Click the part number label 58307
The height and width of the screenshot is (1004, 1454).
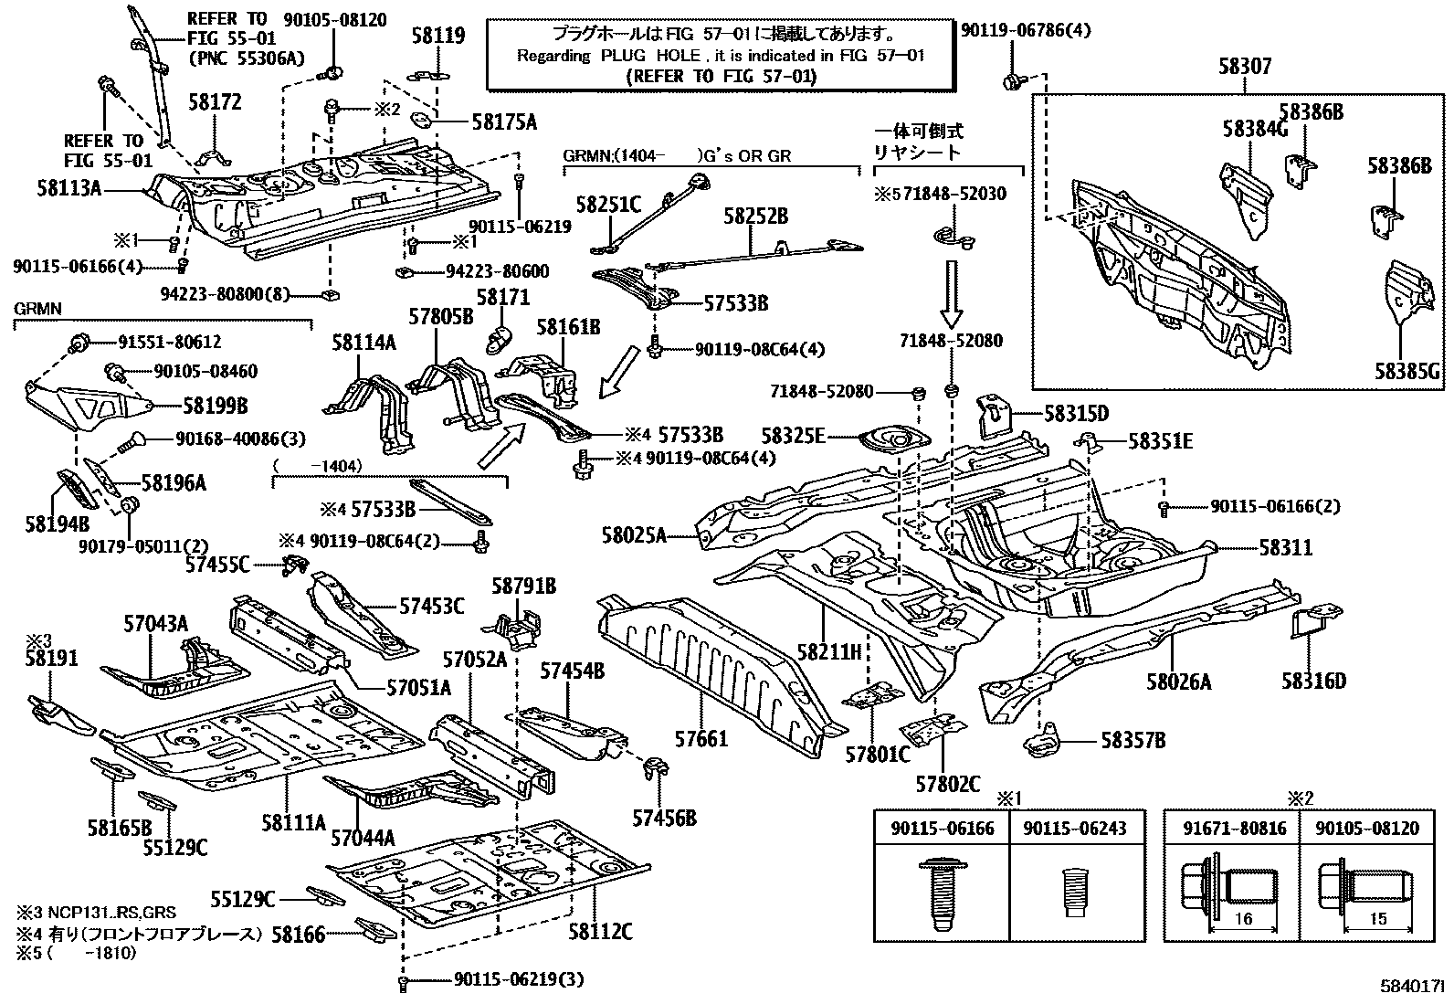click(x=1244, y=67)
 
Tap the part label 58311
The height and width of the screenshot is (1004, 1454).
click(x=1285, y=547)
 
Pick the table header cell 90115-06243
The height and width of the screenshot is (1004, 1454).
click(x=1074, y=829)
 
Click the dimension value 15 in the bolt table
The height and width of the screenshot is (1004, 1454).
click(x=1379, y=918)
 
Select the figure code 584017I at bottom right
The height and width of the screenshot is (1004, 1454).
click(x=1411, y=987)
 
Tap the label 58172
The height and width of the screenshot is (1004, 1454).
click(x=216, y=102)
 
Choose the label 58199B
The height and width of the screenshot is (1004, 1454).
click(x=216, y=406)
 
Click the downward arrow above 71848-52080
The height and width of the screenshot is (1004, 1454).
click(x=952, y=292)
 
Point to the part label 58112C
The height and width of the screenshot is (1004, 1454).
click(x=600, y=931)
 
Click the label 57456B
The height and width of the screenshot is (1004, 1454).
click(x=664, y=817)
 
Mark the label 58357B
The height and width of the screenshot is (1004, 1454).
click(x=1133, y=740)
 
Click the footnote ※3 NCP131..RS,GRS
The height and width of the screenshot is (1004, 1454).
click(x=96, y=912)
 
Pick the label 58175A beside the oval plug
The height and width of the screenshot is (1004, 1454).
click(x=504, y=122)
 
